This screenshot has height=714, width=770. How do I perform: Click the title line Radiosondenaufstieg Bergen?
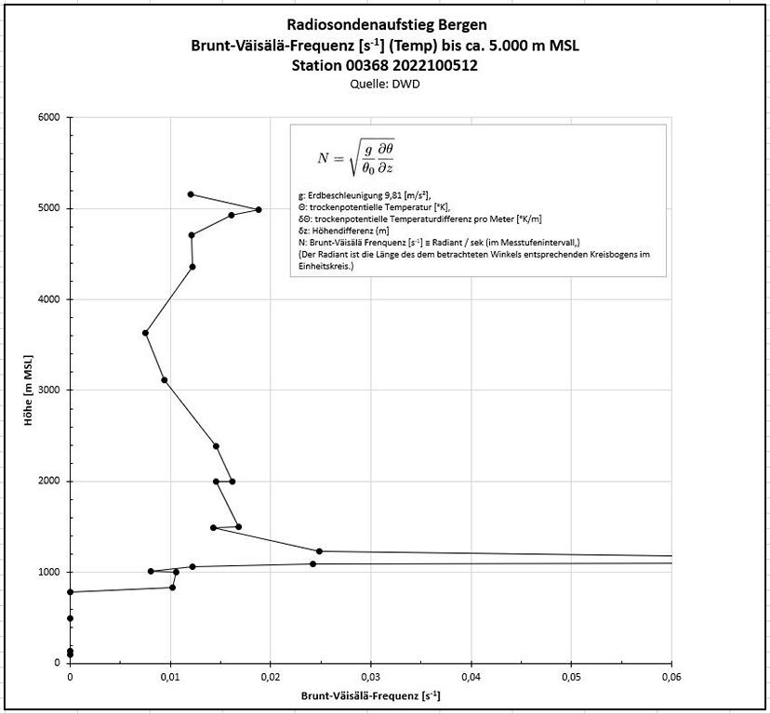click(384, 25)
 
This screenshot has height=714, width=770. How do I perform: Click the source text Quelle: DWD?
click(384, 82)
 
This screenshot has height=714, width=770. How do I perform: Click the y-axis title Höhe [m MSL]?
click(30, 390)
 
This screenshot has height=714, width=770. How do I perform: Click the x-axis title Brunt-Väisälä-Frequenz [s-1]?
click(370, 695)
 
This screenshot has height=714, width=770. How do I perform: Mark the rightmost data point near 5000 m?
click(259, 209)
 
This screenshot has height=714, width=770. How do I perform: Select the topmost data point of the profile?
click(191, 194)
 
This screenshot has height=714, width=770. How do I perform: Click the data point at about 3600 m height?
click(145, 333)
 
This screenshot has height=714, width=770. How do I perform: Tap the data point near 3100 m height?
click(165, 380)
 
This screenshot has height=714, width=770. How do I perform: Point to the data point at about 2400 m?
click(216, 446)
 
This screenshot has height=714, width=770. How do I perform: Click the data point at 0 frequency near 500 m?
click(70, 618)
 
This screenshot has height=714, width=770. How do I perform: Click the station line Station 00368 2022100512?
click(384, 65)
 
